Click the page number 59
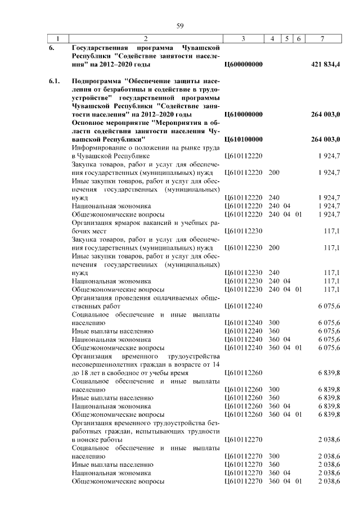(180, 25)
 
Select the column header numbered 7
(322, 38)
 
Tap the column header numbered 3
(243, 38)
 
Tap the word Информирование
(100, 147)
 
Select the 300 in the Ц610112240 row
(274, 323)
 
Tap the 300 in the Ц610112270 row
(274, 457)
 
